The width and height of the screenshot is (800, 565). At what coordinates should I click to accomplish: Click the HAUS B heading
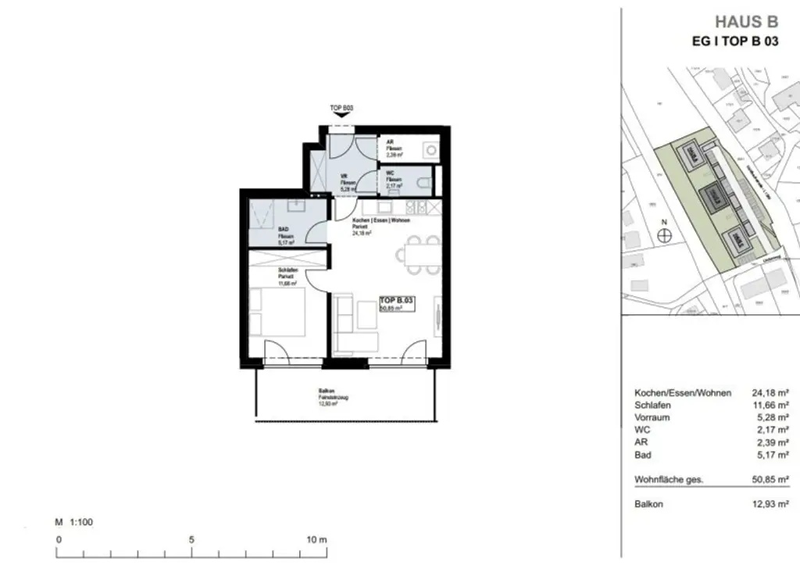point(747,22)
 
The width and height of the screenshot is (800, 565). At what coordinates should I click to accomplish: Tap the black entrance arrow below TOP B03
point(342,116)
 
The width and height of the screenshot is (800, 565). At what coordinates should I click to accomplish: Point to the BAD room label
point(284,230)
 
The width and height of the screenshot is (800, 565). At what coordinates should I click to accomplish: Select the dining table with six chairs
point(414,256)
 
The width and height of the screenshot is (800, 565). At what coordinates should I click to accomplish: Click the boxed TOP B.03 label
point(397,299)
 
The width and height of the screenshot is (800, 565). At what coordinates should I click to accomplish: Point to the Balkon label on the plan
point(327,391)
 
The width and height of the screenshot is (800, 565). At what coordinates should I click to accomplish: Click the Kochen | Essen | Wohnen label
point(381,220)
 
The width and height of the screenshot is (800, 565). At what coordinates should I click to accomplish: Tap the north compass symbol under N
point(664,239)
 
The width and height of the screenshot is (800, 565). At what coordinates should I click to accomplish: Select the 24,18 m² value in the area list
point(770,392)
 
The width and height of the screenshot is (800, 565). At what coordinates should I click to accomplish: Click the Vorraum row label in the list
point(653,417)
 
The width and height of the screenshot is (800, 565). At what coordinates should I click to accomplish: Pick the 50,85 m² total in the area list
point(770,480)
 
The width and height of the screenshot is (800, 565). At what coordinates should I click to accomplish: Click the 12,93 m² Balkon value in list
point(770,504)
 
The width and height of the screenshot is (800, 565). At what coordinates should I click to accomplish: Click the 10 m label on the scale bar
point(316,540)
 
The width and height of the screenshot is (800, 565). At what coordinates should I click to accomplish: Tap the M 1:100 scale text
point(74,521)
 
